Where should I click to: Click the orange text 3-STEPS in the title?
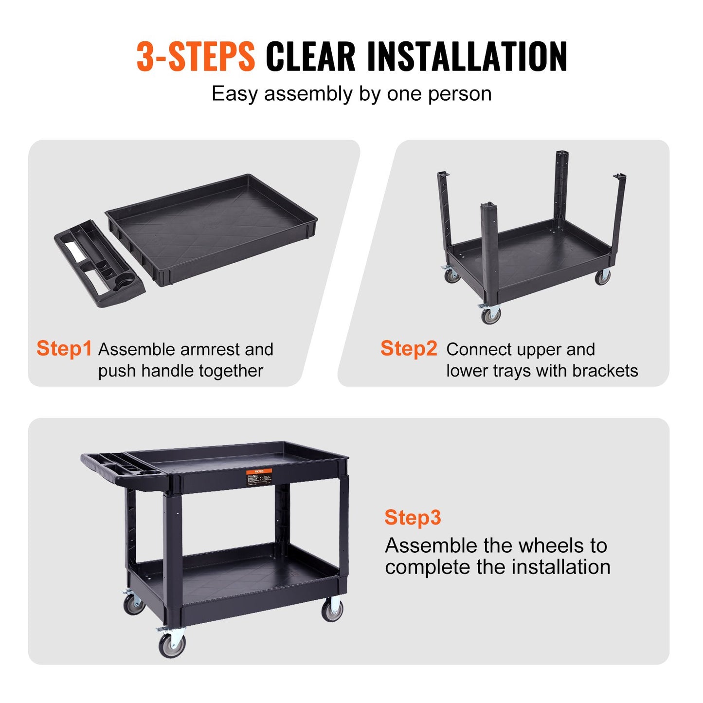pos(196,56)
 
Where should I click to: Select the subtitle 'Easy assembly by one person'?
pos(351,93)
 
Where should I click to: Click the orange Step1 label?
pos(64,349)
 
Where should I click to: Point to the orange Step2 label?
pos(409,349)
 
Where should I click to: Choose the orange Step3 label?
pos(413,518)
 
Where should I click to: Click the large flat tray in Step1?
pos(212,226)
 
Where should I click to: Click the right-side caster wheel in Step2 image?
pos(602,277)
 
